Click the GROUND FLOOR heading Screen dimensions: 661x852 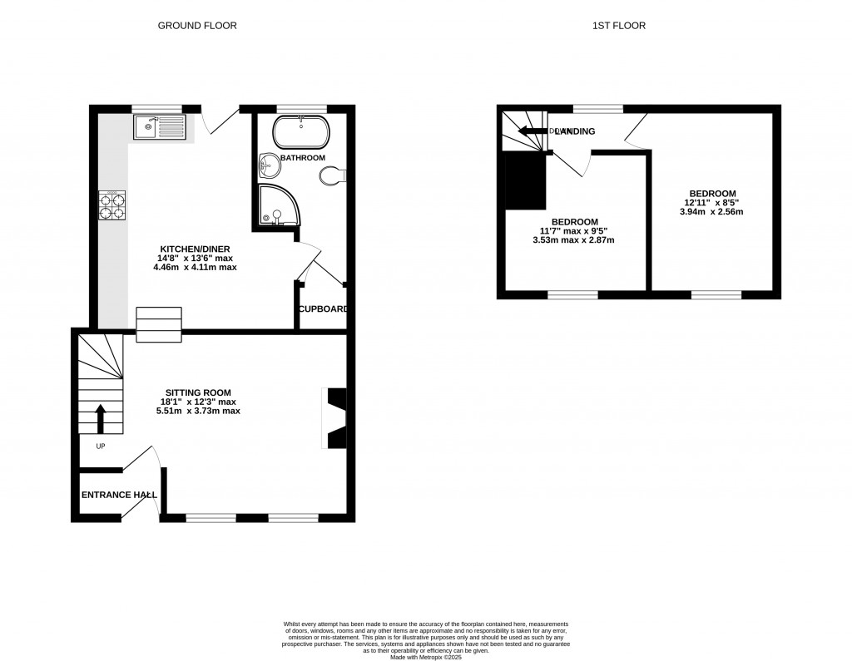coord(197,26)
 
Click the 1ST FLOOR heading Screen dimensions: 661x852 coord(618,26)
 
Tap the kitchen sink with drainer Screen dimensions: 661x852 coord(159,127)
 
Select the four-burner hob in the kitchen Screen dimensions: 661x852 coord(112,206)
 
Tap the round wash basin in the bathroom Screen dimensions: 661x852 coord(270,165)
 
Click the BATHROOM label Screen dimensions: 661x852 coord(302,157)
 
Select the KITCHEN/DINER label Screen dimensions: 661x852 coord(196,249)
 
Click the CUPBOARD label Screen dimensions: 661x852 coord(323,309)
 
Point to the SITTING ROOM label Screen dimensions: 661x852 coord(198,392)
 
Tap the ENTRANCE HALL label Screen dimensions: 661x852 coord(119,495)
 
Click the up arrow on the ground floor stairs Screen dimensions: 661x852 coord(101,418)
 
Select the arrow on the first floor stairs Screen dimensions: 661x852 coord(528,131)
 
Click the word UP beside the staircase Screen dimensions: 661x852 coord(101,446)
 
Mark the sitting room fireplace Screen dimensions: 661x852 coord(335,419)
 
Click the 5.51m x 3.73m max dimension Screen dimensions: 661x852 coord(198,411)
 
